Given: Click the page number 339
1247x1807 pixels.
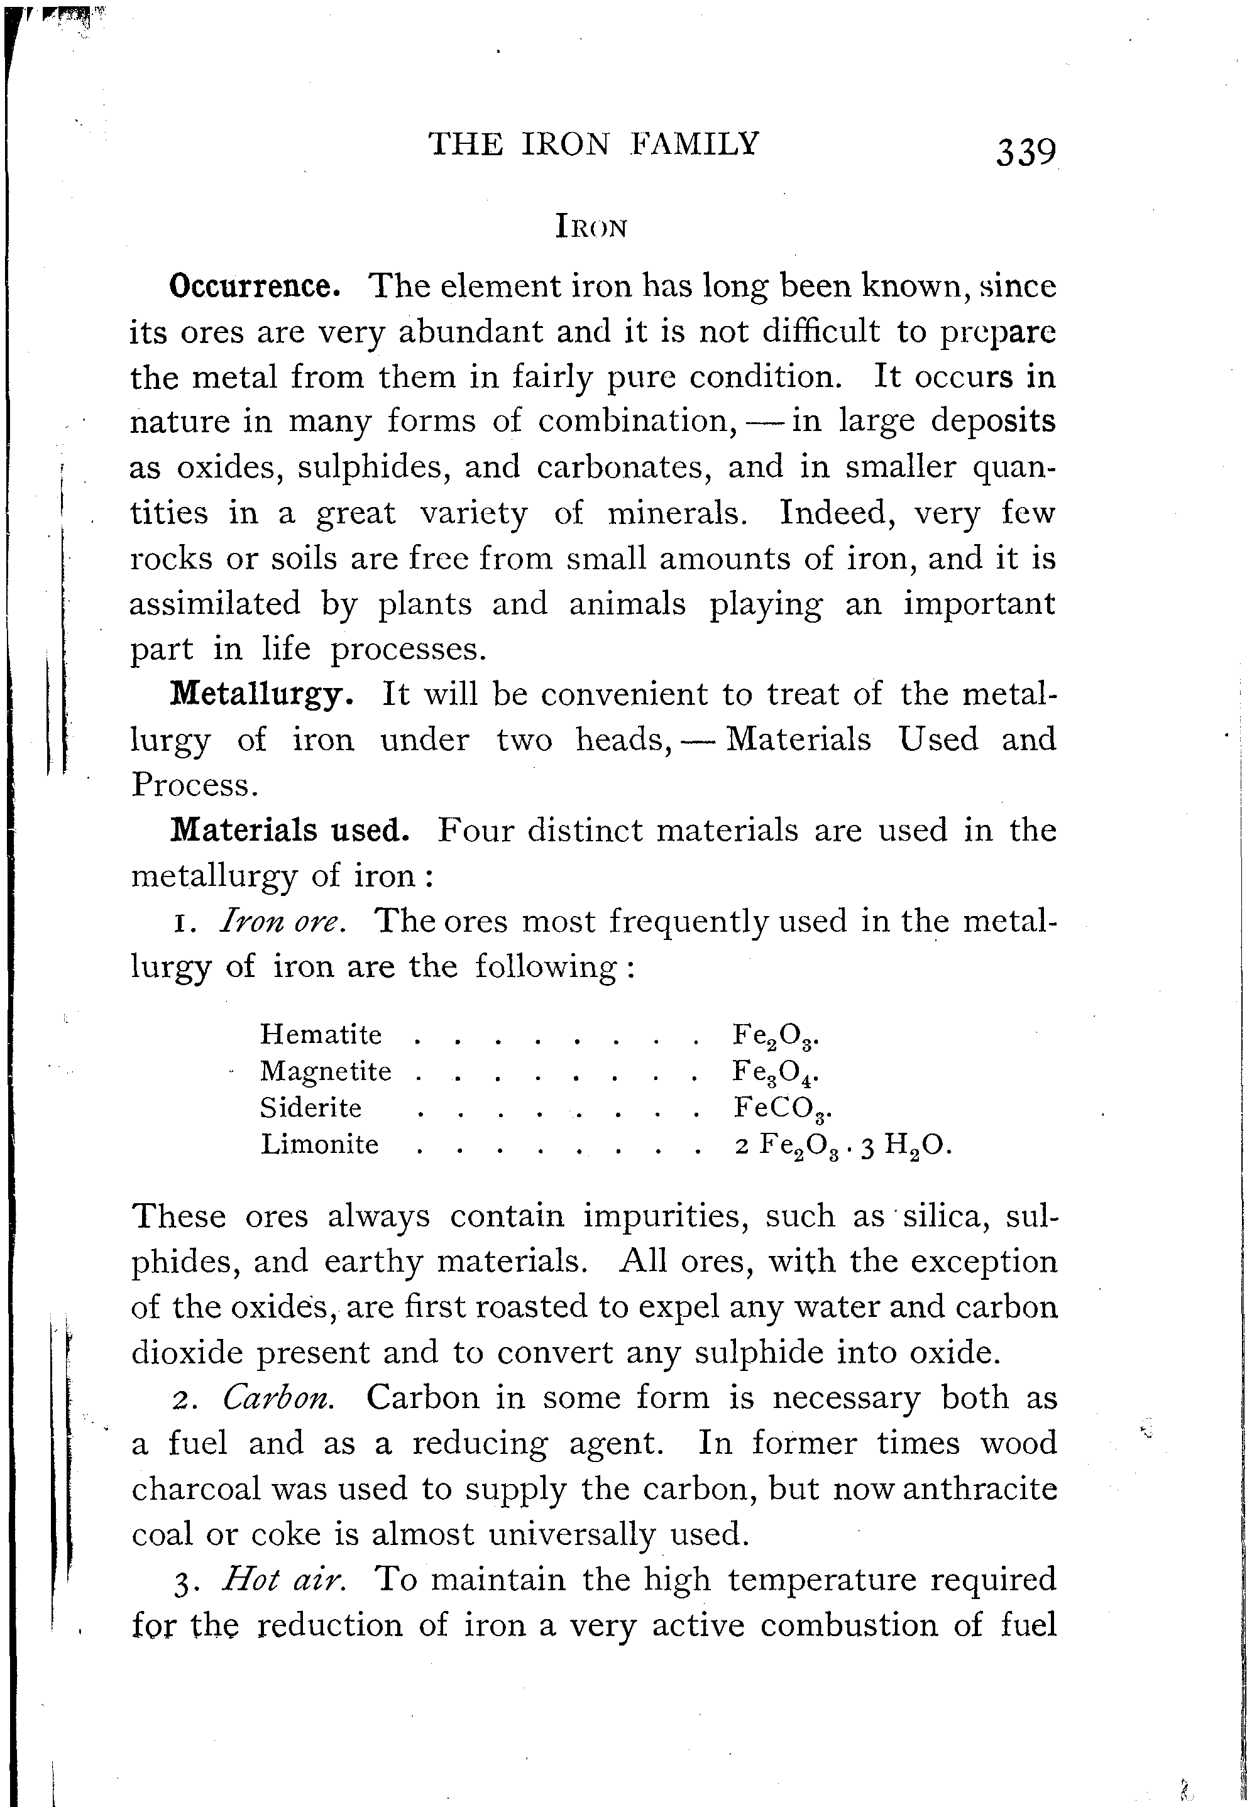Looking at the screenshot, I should click(x=1025, y=151).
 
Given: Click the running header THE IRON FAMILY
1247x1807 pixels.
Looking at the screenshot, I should click(x=594, y=145).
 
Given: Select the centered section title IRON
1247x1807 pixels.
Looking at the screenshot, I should click(x=591, y=227).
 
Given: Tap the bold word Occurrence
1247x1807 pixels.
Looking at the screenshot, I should click(x=254, y=287).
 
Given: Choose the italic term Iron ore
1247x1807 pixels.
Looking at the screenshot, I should click(x=282, y=922).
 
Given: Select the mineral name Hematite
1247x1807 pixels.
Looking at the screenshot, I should click(x=321, y=1035).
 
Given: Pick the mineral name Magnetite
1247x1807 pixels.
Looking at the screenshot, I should click(x=326, y=1071).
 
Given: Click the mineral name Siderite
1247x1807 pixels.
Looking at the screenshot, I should click(x=311, y=1107).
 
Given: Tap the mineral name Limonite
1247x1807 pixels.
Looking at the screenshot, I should click(x=319, y=1144).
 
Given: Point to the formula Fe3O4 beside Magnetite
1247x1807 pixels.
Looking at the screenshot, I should click(x=774, y=1071).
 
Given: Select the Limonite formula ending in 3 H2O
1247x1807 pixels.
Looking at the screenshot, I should click(x=842, y=1145).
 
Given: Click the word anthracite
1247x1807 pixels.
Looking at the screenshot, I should click(x=980, y=1489).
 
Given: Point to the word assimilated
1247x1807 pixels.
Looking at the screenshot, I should click(x=215, y=604).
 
